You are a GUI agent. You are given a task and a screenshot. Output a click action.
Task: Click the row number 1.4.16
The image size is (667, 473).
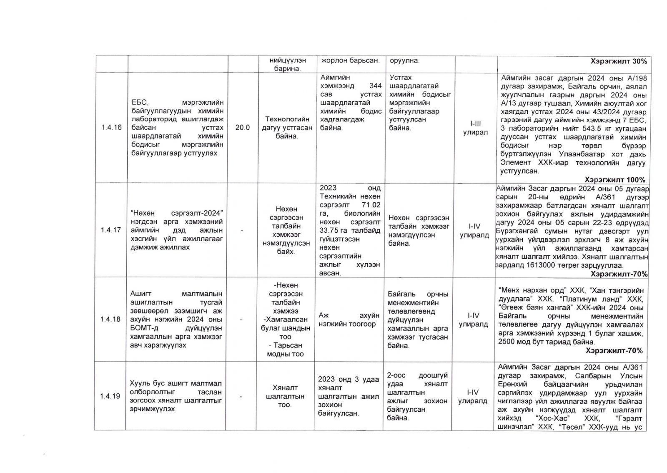(111, 128)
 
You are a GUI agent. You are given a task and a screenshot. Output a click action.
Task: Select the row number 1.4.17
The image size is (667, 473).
(111, 230)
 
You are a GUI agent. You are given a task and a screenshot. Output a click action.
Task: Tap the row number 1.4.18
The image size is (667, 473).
(111, 319)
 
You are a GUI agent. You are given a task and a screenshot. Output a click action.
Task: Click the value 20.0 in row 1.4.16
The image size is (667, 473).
(243, 128)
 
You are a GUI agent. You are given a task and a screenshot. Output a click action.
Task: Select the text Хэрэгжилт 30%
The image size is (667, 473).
(619, 61)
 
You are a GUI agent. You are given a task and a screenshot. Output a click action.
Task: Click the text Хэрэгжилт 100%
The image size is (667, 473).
(615, 180)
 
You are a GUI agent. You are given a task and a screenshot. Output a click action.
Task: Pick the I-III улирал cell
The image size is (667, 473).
(475, 128)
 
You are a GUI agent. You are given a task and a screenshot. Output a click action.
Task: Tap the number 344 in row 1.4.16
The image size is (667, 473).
(376, 86)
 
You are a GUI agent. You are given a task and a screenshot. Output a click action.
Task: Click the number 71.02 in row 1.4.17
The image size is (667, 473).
(370, 205)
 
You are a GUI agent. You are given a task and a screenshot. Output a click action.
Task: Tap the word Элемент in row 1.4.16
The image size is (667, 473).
(515, 163)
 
